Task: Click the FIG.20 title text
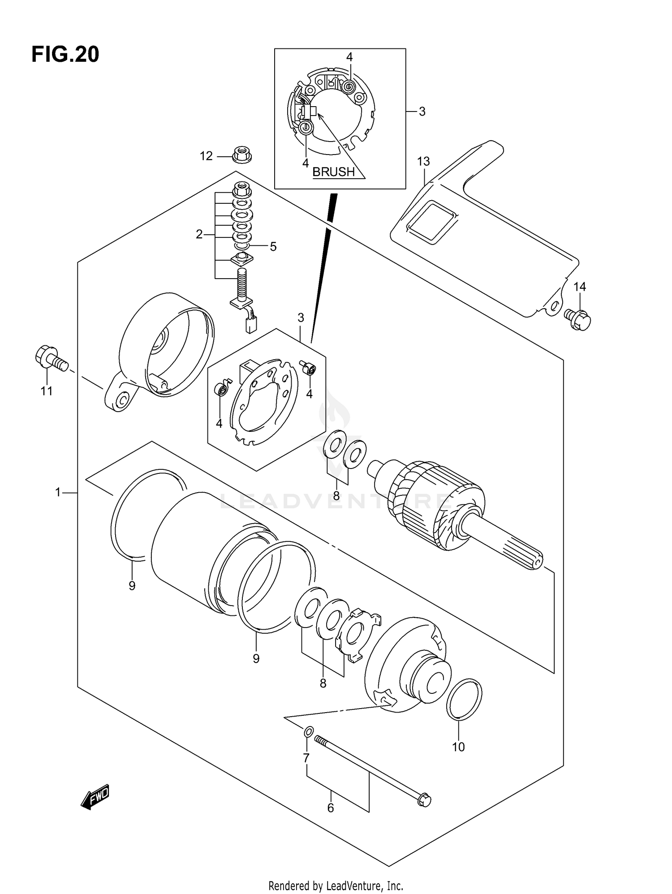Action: tap(65, 55)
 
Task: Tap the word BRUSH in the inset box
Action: tap(333, 172)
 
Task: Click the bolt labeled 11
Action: tap(50, 359)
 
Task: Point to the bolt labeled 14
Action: tap(578, 319)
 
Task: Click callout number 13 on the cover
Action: tap(423, 161)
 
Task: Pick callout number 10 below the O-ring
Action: tap(458, 747)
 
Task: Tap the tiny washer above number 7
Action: tap(308, 732)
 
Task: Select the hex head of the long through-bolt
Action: tap(423, 800)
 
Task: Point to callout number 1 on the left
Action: tap(58, 493)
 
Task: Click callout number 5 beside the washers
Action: tap(273, 246)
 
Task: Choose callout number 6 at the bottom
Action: tap(331, 808)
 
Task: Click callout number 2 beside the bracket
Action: tap(199, 234)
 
